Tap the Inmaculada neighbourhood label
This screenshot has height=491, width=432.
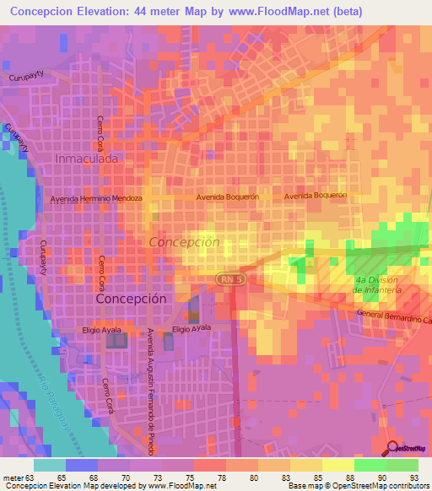click(x=86, y=158)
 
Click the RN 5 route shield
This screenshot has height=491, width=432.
click(x=229, y=277)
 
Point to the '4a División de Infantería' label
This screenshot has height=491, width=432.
click(x=379, y=285)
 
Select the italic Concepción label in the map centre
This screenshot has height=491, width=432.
click(x=184, y=242)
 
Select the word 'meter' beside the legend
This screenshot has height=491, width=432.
click(x=13, y=477)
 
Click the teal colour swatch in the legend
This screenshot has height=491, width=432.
click(x=50, y=465)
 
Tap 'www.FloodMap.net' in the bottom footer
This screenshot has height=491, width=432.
click(x=179, y=486)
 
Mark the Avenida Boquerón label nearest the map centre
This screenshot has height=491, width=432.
click(x=226, y=196)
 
